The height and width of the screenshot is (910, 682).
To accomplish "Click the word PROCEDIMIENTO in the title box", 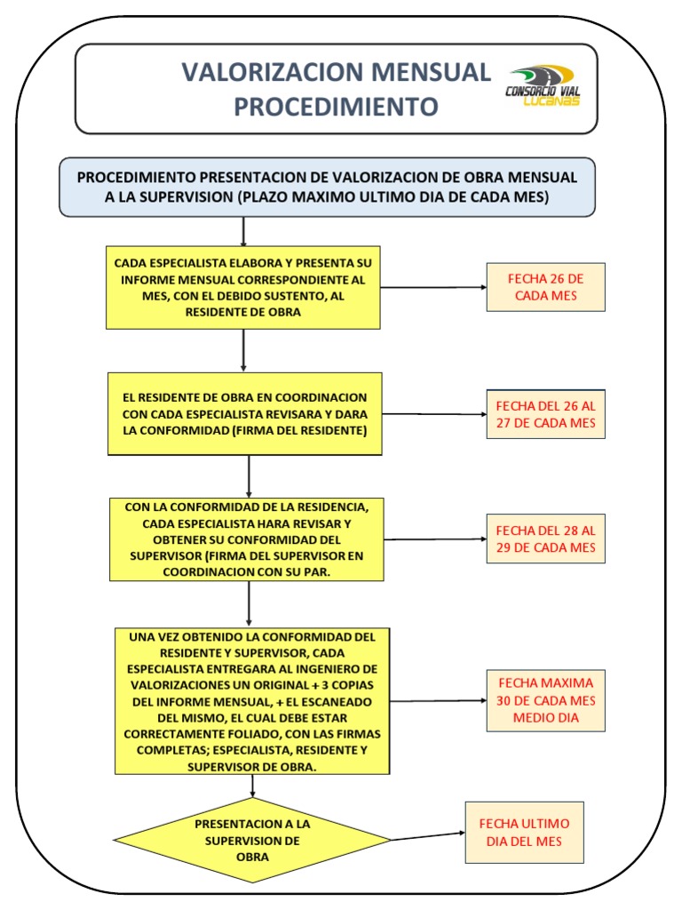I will click(x=336, y=107).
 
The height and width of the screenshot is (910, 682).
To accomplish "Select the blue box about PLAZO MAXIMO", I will click(x=327, y=187).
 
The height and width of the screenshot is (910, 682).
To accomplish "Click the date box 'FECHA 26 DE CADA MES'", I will click(x=545, y=287).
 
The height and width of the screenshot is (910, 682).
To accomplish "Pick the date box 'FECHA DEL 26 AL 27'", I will click(x=545, y=414).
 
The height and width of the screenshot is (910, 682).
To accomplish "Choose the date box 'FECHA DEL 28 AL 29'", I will click(x=545, y=539).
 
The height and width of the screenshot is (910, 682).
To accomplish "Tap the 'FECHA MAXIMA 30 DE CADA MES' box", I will click(x=545, y=700).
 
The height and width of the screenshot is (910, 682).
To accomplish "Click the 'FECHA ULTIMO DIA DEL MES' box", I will click(x=525, y=832).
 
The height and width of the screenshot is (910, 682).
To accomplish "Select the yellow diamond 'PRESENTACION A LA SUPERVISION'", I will click(x=252, y=840).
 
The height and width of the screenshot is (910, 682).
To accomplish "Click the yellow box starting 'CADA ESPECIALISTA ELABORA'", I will click(x=243, y=287).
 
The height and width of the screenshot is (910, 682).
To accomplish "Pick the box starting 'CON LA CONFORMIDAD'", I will click(x=248, y=539).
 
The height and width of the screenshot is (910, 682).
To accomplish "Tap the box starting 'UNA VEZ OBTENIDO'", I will click(x=253, y=701).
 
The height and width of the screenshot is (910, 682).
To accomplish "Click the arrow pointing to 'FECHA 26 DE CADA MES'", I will click(x=433, y=287).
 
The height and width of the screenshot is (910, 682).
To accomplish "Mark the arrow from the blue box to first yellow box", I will click(x=242, y=231).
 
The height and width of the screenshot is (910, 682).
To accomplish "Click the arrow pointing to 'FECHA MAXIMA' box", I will click(x=439, y=700).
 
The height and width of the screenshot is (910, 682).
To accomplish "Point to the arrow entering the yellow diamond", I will click(x=254, y=786).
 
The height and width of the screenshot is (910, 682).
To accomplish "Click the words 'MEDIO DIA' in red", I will click(x=545, y=716).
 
